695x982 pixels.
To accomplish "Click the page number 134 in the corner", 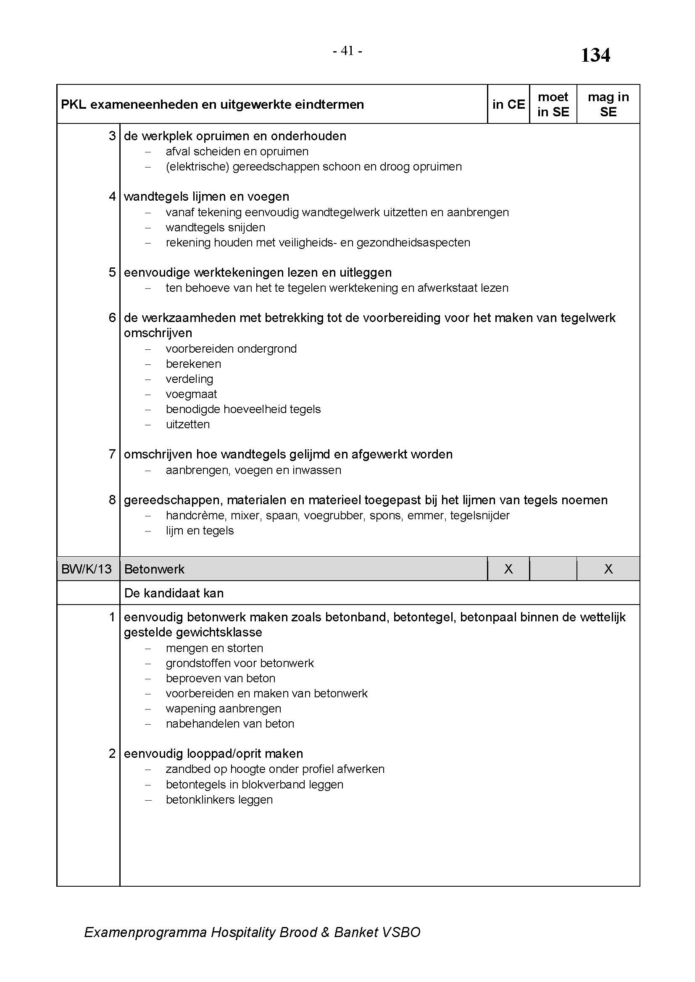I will pos(595,55).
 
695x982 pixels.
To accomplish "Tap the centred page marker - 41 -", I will pos(347,51).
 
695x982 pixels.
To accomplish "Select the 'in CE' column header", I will pos(508,105).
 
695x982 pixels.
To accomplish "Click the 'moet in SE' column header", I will pos(553,105).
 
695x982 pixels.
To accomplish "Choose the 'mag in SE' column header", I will pos(608,105).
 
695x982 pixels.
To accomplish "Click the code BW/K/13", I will pos(87,569).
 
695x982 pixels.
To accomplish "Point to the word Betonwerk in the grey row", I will pos(154,569).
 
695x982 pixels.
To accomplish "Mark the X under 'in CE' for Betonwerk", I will pos(508,569).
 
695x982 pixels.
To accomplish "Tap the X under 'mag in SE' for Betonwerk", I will pos(608,569).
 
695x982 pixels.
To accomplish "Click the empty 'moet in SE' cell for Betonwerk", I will pos(553,569).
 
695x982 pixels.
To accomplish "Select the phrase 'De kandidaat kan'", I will pos(174,593).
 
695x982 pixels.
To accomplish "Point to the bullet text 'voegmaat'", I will pos(191,394).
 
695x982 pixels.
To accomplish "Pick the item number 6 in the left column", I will pos(112,317).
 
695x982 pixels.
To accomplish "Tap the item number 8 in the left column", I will pos(112,500).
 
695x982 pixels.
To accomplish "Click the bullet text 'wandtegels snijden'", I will pos(215,227).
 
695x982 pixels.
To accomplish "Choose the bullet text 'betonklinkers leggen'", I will pos(219,799).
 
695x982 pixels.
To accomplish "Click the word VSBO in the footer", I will pos(401,932).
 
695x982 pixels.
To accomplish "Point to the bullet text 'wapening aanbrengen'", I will pos(224,708).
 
